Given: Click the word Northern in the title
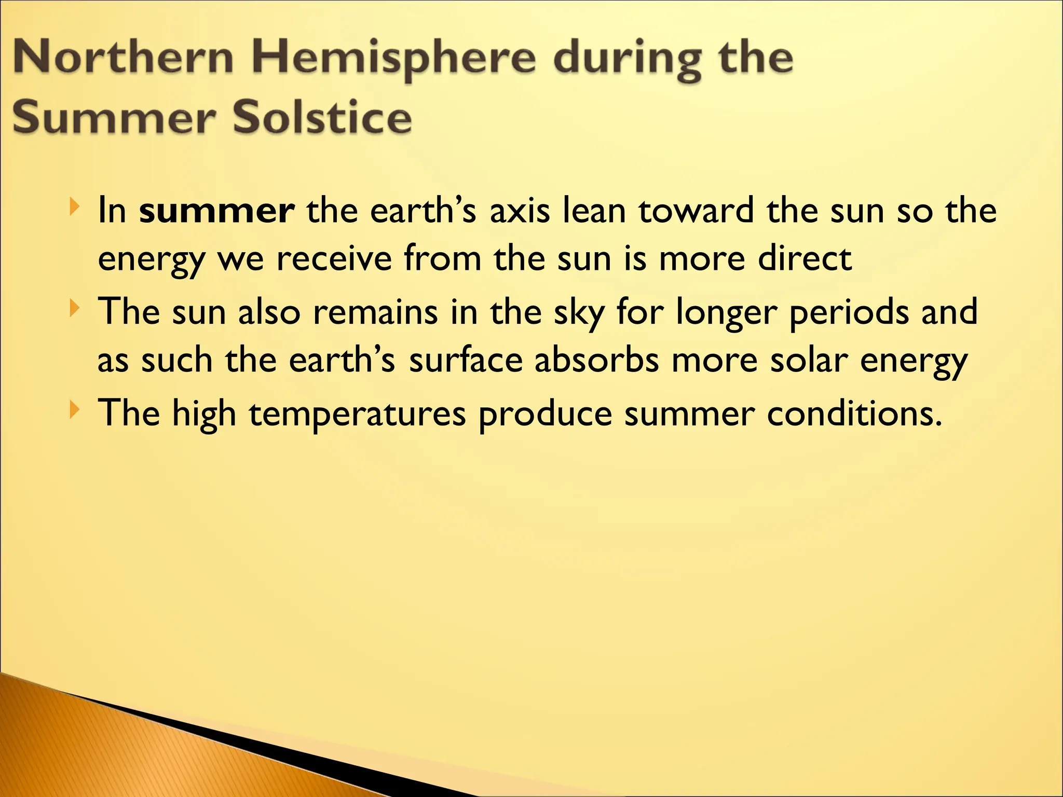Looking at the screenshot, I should [122, 58].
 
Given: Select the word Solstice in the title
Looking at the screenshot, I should [322, 117].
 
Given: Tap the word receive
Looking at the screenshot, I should [334, 258].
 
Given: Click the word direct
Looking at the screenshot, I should [805, 258].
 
